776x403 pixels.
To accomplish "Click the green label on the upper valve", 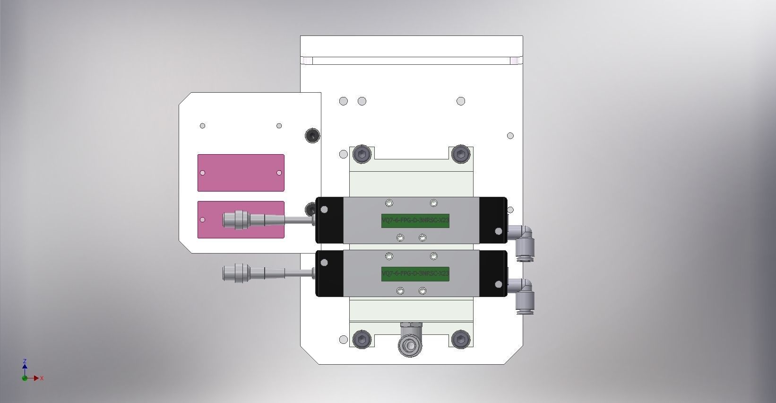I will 415,220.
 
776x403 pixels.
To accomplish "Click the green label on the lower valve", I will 415,273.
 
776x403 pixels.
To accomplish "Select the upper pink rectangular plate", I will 241,173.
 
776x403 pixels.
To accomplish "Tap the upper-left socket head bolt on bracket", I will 362,154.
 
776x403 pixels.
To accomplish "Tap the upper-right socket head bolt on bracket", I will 460,154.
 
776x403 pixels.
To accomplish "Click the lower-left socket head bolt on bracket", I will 362,339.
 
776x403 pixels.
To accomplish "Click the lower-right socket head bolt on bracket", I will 460,339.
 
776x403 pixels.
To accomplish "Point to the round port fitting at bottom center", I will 410,345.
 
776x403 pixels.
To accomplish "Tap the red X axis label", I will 42,378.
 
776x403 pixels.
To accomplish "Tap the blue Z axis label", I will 25,361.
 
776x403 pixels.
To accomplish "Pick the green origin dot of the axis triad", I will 25,378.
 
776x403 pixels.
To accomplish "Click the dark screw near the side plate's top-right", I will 312,136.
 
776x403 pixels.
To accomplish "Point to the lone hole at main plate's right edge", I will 510,136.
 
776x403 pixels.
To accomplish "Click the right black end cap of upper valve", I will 493,220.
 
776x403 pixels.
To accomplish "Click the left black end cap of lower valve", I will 329,273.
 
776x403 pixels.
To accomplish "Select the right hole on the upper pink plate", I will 279,173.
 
